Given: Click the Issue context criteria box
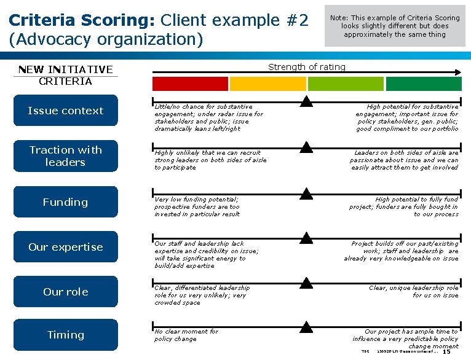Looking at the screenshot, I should pos(65,111).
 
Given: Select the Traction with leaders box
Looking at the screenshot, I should pos(65,156).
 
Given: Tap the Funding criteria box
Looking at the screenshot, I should pos(65,202).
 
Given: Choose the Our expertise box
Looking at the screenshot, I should pos(65,247).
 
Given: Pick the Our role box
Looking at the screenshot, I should pos(65,292).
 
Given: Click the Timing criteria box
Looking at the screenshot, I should pos(65,335).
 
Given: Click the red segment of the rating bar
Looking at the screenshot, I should pos(190,84).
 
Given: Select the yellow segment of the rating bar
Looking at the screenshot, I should pos(267,84).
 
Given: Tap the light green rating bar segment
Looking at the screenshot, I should pos(346,84).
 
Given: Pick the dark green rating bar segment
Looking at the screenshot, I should pos(424,84).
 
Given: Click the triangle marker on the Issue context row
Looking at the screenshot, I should pos(307,102).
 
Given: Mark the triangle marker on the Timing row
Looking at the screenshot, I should pos(307,326).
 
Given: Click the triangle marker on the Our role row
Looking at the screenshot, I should pos(307,283).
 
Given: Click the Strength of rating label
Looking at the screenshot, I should pos(307,67).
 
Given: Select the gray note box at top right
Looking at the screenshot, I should pos(395,26).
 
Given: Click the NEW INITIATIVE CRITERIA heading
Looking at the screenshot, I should pos(65,75).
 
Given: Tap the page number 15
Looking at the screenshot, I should pos(446,351).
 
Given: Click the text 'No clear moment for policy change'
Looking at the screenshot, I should pos(186,335).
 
